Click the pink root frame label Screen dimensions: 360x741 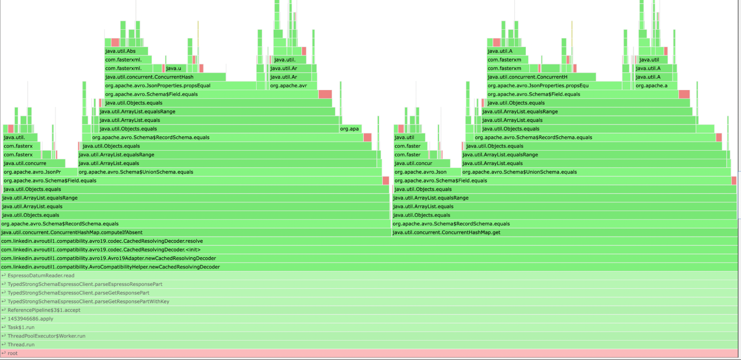click(x=13, y=353)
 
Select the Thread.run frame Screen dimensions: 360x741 click(x=21, y=345)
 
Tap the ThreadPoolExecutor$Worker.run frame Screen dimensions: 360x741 click(x=46, y=336)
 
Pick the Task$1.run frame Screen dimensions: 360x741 click(x=21, y=327)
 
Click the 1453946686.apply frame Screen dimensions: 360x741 click(x=30, y=319)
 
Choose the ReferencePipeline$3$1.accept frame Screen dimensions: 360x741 click(x=44, y=310)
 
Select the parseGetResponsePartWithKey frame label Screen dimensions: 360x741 click(x=88, y=302)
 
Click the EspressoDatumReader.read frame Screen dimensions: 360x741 click(x=41, y=276)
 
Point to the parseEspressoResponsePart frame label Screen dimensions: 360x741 click(x=85, y=284)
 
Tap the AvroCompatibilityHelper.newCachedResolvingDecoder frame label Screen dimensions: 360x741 click(x=110, y=267)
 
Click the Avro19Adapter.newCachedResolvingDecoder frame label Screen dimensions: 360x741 click(x=109, y=258)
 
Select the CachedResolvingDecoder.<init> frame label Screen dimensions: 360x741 click(x=101, y=250)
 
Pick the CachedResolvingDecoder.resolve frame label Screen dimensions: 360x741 click(x=102, y=241)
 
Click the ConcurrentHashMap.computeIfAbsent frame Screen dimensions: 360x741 click(x=72, y=232)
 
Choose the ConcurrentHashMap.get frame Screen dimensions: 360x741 click(x=446, y=232)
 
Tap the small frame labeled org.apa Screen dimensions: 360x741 click(x=350, y=129)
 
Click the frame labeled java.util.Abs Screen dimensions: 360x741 click(x=120, y=51)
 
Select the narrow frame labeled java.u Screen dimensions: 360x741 click(x=173, y=68)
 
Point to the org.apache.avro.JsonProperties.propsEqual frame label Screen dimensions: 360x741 click(x=158, y=86)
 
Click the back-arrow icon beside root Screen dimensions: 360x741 click(x=4, y=353)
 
